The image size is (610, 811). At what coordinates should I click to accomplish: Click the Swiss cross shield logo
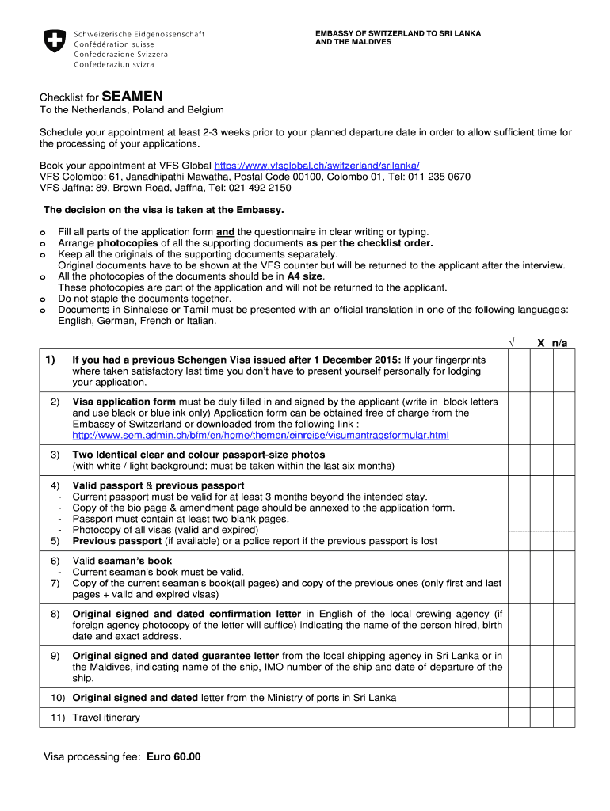point(55,42)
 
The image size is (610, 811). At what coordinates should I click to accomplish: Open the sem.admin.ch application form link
point(261,436)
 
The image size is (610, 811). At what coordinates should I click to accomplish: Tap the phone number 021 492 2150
point(263,188)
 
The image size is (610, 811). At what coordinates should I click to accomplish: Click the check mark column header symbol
point(512,343)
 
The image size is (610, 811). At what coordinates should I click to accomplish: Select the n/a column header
point(560,343)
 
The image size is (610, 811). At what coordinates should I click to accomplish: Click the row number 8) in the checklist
point(55,614)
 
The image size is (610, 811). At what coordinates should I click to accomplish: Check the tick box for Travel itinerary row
point(519,718)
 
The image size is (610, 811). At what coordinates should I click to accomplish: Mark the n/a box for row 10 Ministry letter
point(564,698)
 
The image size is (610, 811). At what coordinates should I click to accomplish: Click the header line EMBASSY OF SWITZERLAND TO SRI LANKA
point(398,33)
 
